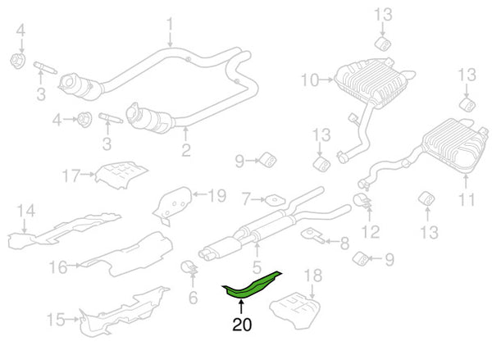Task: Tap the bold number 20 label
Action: (x=242, y=325)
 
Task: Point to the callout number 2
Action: (x=186, y=150)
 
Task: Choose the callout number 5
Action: (x=257, y=267)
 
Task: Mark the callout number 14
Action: (x=27, y=212)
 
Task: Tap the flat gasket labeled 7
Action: (x=271, y=198)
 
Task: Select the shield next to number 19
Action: (x=173, y=203)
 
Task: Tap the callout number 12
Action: (x=371, y=231)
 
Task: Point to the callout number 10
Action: (x=308, y=80)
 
